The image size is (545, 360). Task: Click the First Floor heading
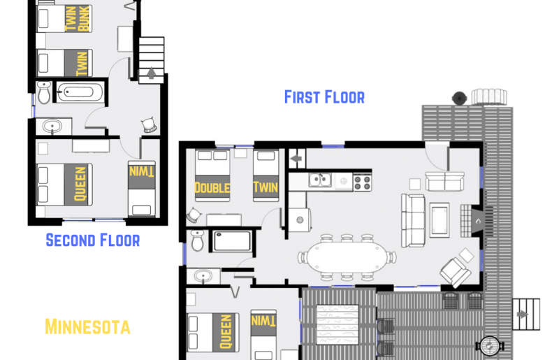(324, 96)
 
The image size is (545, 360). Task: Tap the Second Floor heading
(92, 240)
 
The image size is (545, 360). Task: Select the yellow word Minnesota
(87, 326)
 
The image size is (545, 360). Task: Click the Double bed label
(212, 187)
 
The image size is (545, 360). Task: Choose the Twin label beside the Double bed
(266, 187)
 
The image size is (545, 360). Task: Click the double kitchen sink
(321, 181)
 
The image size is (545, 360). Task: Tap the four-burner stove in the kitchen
(363, 182)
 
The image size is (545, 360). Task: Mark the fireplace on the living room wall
(476, 220)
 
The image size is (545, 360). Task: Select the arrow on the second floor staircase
(152, 71)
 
